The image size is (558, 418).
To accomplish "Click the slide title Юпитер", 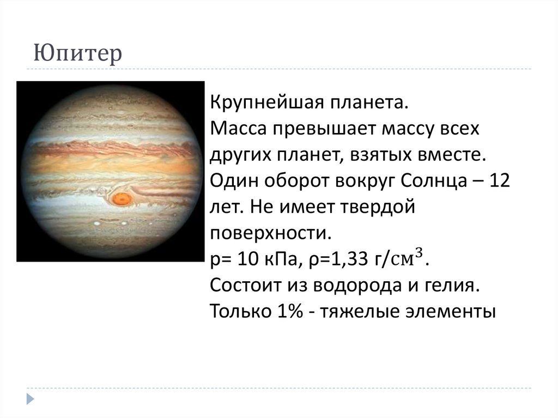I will point(77,55).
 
